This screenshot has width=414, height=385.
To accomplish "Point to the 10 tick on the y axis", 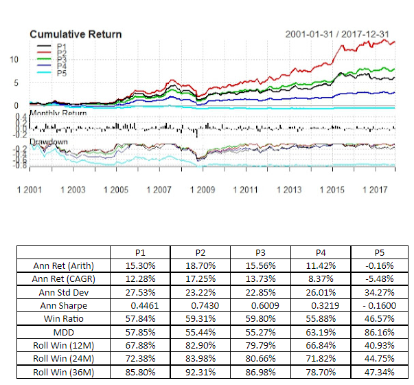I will [14, 60].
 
